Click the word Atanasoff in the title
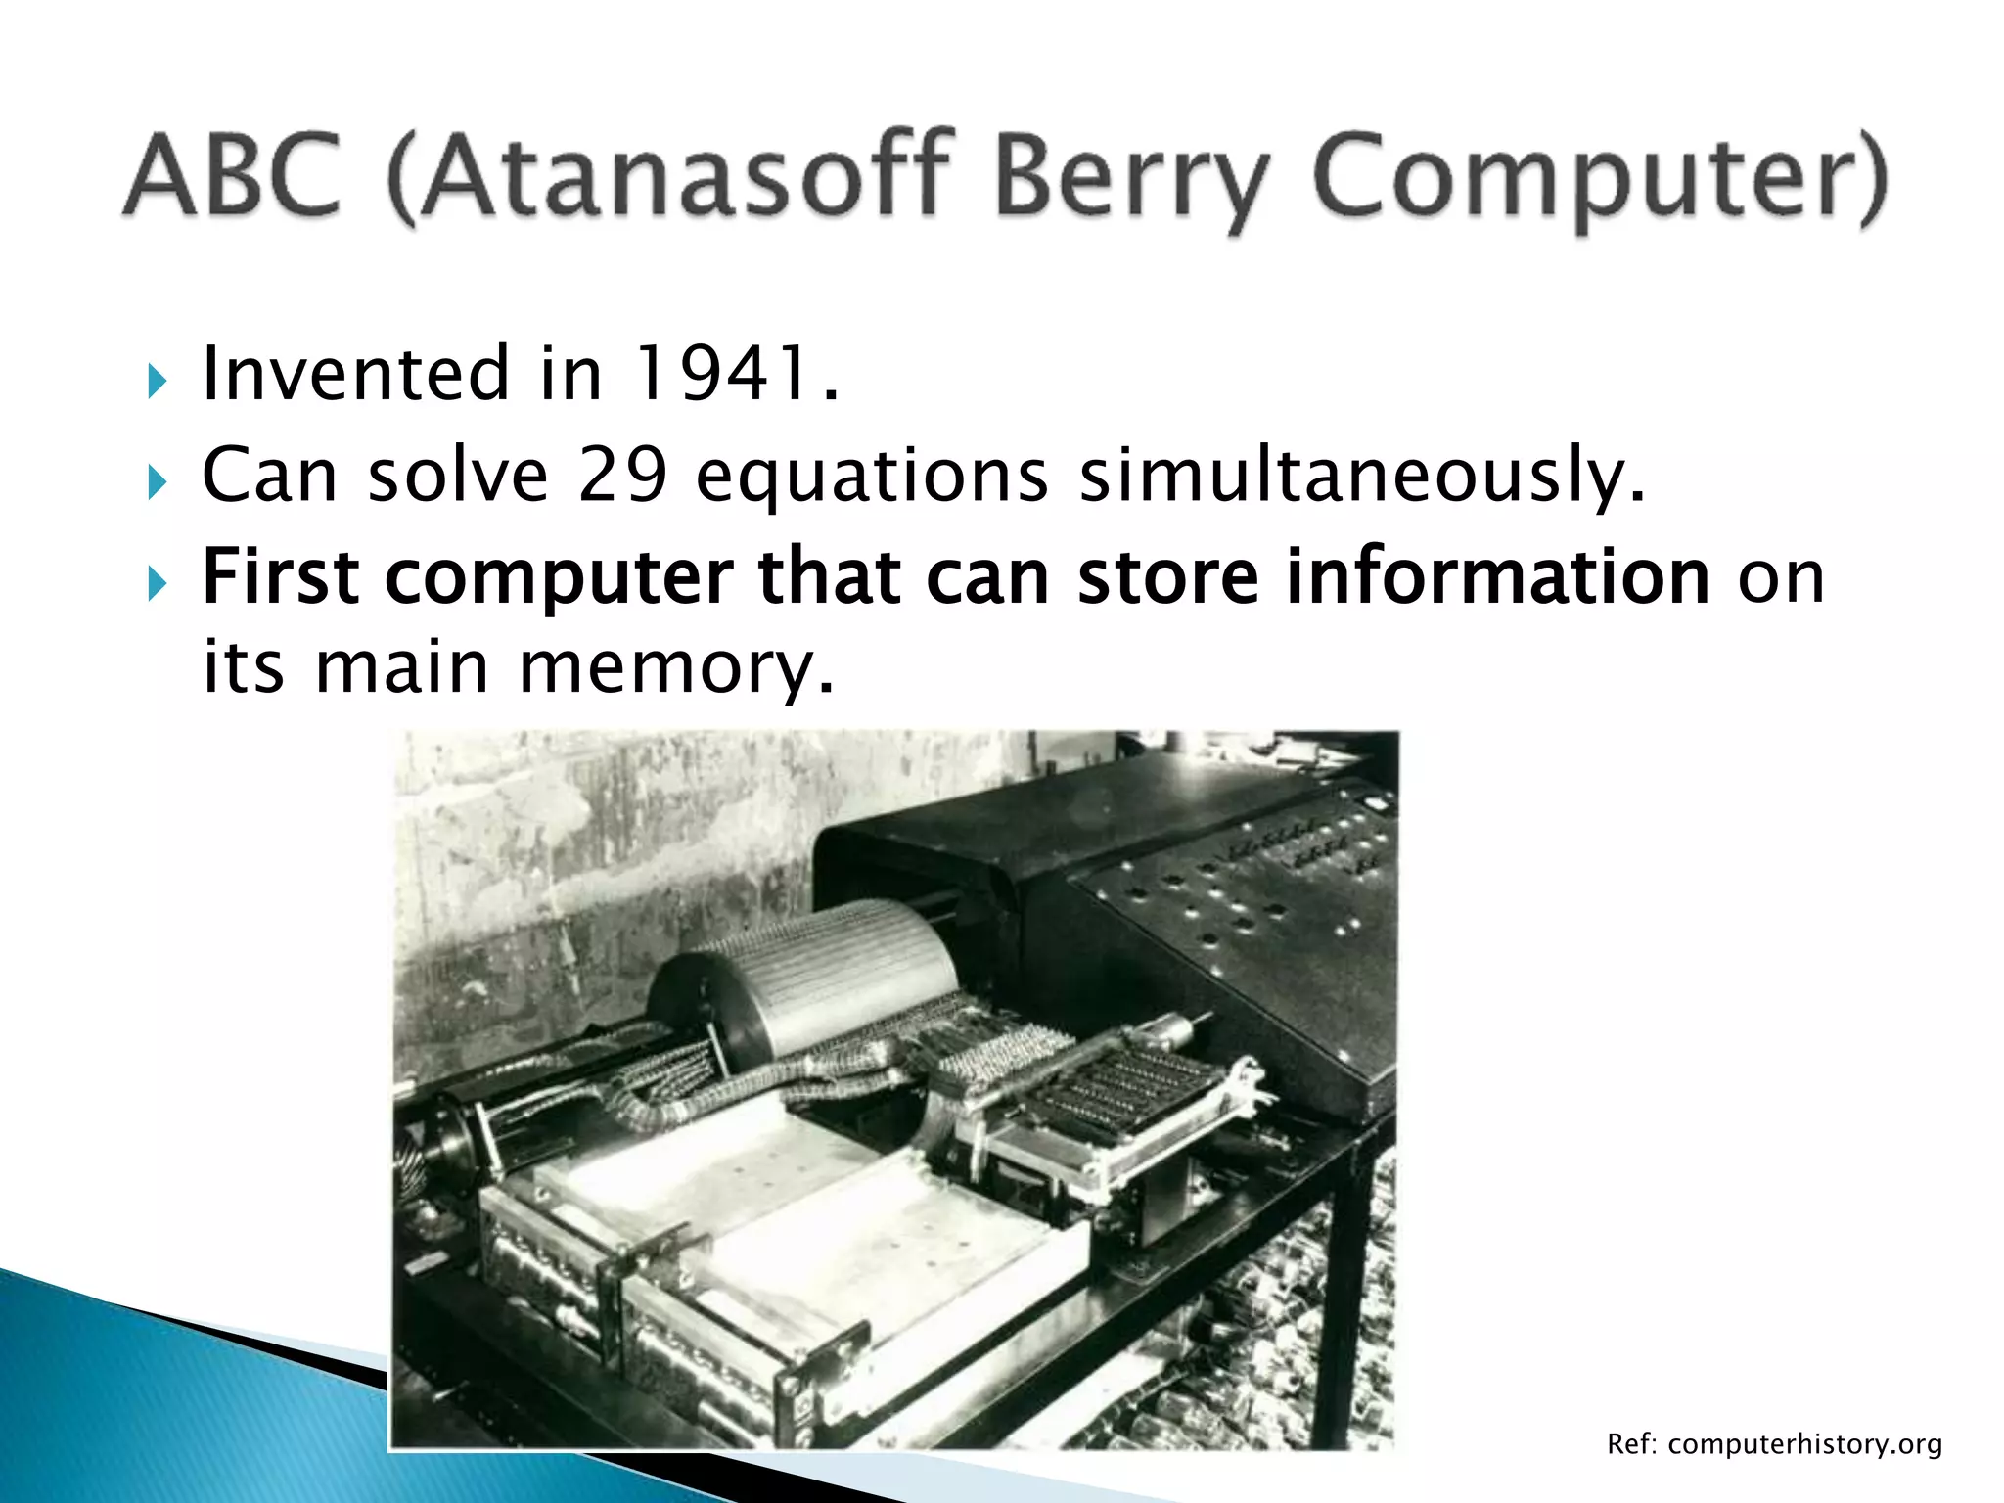pyautogui.click(x=685, y=176)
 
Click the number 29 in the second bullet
pyautogui.click(x=622, y=476)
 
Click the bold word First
pyautogui.click(x=279, y=577)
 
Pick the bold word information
pyautogui.click(x=1496, y=577)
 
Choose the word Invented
pyautogui.click(x=355, y=375)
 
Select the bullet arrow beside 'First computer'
pyautogui.click(x=158, y=585)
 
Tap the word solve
pyautogui.click(x=457, y=476)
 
